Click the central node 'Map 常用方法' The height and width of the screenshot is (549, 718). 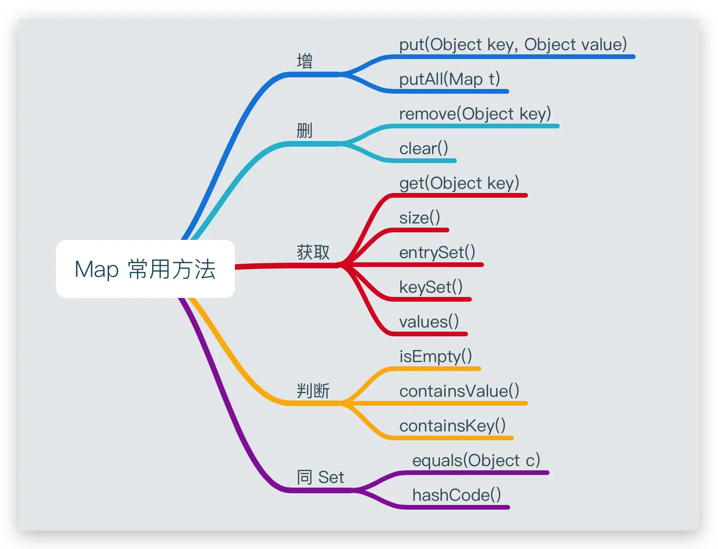tap(145, 269)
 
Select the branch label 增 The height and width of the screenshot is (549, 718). tap(305, 61)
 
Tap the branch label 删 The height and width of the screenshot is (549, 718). tap(305, 131)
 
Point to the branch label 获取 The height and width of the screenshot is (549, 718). tap(313, 252)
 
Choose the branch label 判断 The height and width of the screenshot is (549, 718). tap(313, 390)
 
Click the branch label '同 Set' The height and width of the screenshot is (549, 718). tap(320, 477)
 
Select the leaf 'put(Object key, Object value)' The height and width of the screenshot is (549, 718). tap(513, 45)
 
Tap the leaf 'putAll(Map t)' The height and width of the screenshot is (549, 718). tap(449, 79)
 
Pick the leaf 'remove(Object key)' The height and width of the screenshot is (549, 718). tap(475, 114)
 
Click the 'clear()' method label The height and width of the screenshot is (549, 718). tap(424, 148)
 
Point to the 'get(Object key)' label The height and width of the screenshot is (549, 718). tap(459, 183)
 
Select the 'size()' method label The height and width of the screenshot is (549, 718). tap(419, 218)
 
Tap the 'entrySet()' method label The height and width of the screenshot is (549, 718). tap(437, 252)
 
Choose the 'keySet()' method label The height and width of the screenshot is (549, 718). tap(431, 287)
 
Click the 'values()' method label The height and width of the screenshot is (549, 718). tap(429, 322)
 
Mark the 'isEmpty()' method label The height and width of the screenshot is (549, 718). tap(435, 356)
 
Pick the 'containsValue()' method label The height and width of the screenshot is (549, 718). tap(459, 391)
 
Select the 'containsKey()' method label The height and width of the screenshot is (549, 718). tap(452, 426)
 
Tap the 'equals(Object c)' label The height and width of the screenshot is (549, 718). tap(476, 460)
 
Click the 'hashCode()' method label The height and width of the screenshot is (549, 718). tap(456, 495)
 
